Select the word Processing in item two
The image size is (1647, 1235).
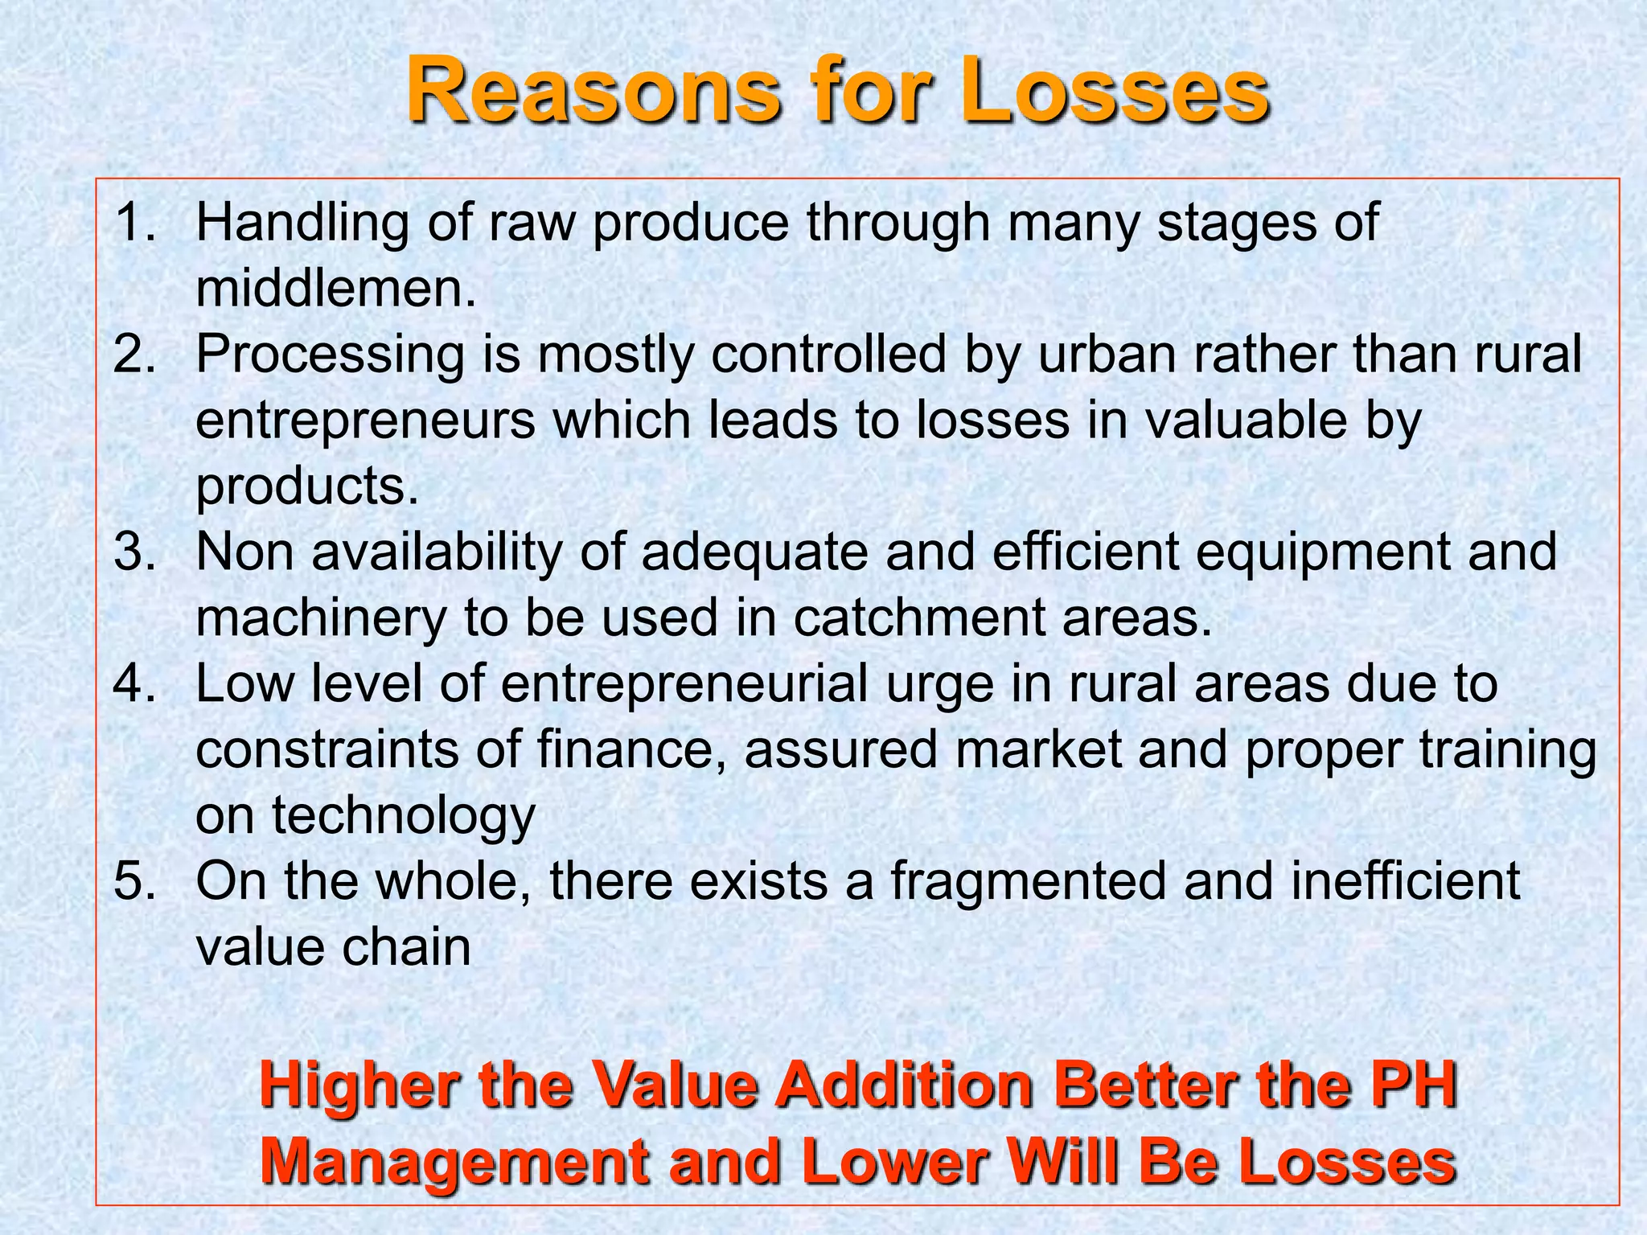pyautogui.click(x=330, y=354)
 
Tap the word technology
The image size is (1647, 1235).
pyautogui.click(x=403, y=817)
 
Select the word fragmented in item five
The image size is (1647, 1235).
pyautogui.click(x=1027, y=881)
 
